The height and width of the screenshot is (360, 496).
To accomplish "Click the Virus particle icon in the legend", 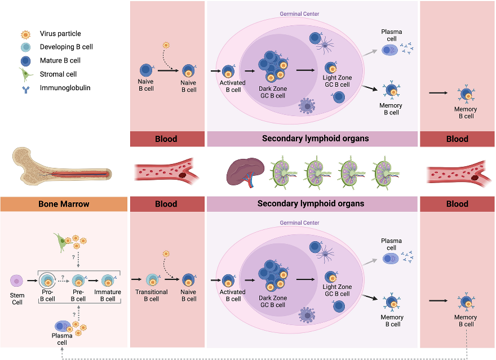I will pyautogui.click(x=25, y=34).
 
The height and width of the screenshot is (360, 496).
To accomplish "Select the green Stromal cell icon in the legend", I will pyautogui.click(x=25, y=74).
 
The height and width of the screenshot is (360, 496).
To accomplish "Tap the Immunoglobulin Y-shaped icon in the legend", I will pyautogui.click(x=25, y=88).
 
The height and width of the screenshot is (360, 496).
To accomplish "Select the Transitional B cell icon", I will pyautogui.click(x=152, y=279).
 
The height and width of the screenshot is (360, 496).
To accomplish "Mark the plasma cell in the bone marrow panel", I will pyautogui.click(x=63, y=326).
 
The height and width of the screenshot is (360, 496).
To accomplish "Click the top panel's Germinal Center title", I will pyautogui.click(x=299, y=14).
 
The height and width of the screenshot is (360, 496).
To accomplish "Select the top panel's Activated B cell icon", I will pyautogui.click(x=229, y=72).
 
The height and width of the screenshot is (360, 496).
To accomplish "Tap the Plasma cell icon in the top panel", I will pyautogui.click(x=390, y=50).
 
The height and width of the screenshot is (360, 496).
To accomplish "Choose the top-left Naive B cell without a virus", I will pyautogui.click(x=145, y=70).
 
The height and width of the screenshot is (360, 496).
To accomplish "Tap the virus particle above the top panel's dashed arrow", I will pyautogui.click(x=166, y=45).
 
